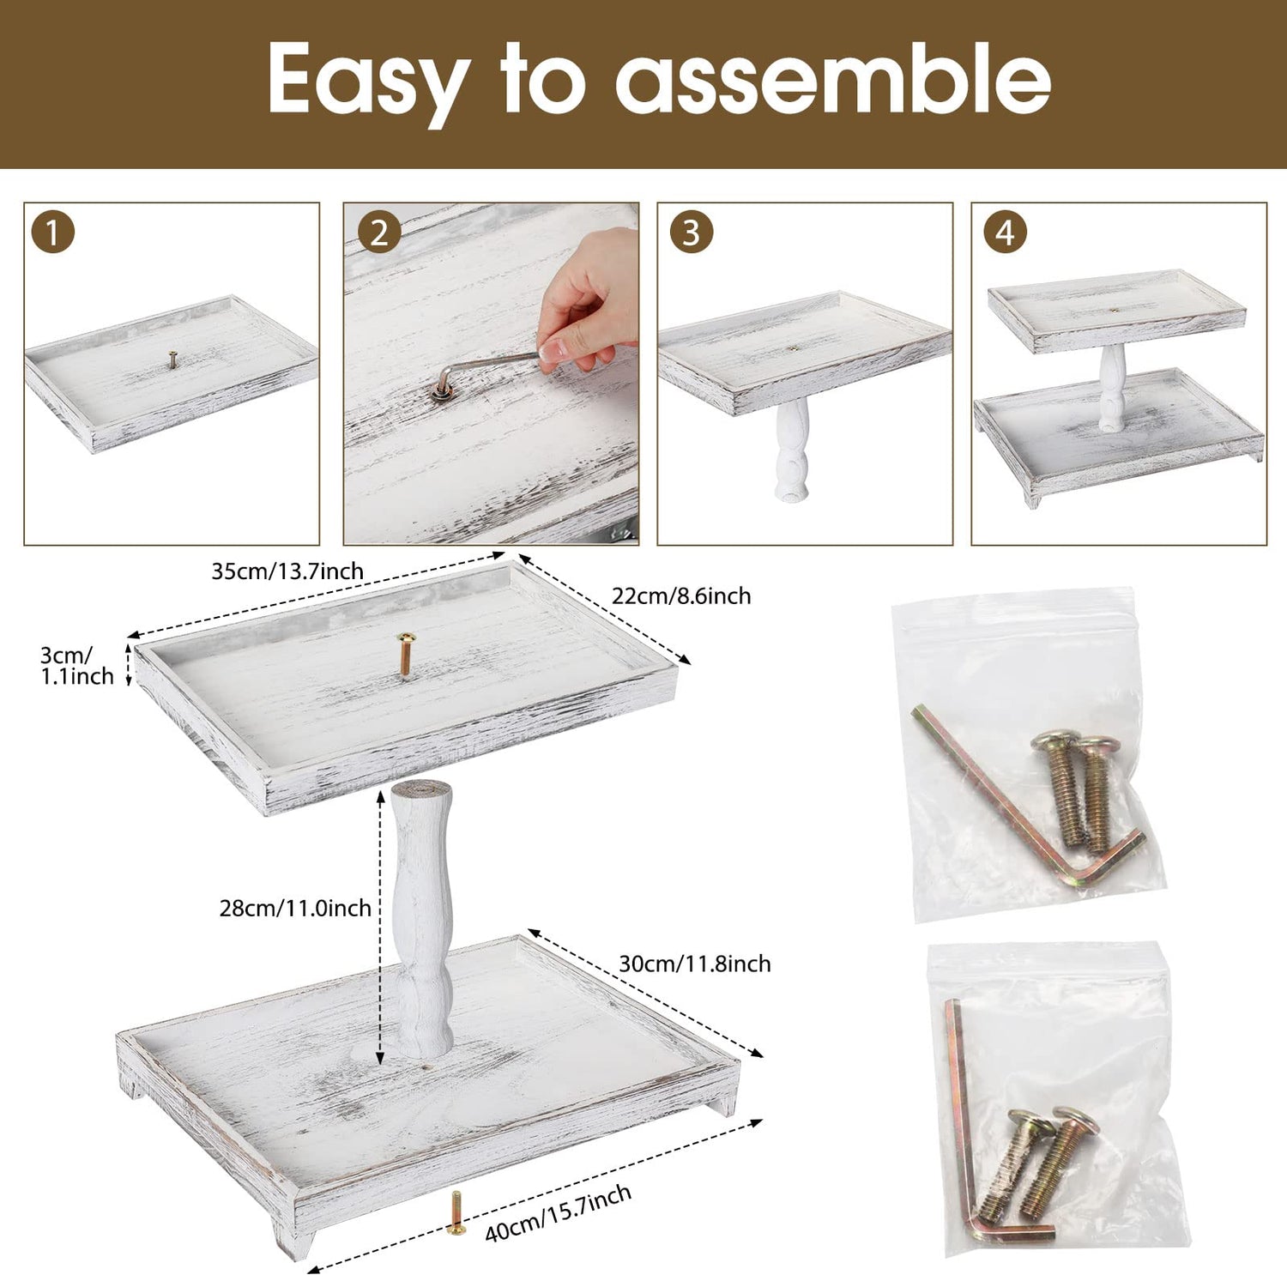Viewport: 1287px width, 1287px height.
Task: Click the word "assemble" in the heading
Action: [833, 79]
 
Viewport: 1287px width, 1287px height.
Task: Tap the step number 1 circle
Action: [52, 233]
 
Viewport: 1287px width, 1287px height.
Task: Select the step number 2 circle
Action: [379, 233]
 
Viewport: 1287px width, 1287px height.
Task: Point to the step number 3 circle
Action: [692, 233]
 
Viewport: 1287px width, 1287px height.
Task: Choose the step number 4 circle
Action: [1006, 233]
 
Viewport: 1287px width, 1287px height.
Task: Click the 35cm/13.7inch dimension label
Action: [287, 571]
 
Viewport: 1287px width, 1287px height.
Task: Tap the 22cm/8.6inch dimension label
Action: [681, 595]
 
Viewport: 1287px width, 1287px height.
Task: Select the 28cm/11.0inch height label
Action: [295, 908]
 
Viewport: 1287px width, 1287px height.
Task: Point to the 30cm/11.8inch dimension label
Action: [695, 964]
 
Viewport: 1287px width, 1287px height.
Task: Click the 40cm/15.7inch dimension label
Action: [559, 1213]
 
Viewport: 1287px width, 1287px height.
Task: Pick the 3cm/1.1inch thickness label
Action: [76, 666]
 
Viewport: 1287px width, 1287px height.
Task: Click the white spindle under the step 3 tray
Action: [792, 451]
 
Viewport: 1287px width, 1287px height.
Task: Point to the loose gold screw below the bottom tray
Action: [456, 1214]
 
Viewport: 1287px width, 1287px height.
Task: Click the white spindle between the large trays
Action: [421, 918]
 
